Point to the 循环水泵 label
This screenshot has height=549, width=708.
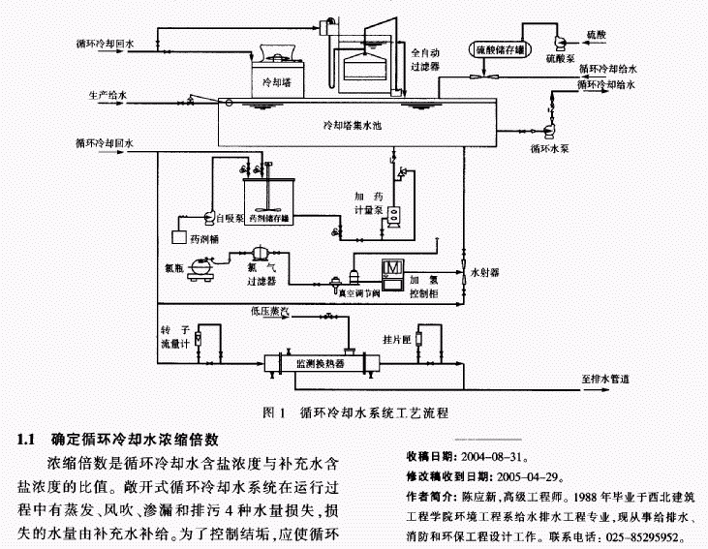(551, 150)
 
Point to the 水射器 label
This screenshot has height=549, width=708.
(485, 274)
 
